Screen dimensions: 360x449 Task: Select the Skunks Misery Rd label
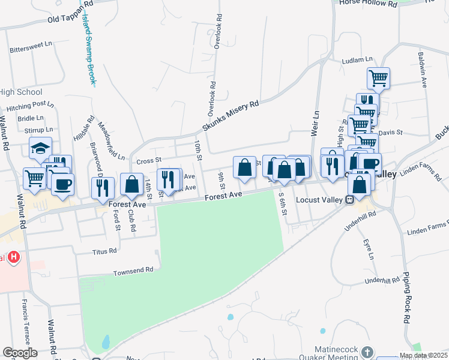click(x=230, y=116)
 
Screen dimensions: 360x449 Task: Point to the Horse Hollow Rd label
click(x=369, y=4)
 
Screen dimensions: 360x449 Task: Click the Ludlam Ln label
click(x=357, y=61)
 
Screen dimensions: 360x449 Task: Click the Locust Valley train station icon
click(x=349, y=200)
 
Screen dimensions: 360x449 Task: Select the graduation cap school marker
click(x=40, y=148)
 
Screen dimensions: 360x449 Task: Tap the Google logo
click(x=20, y=353)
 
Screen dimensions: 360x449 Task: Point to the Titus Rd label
click(x=104, y=252)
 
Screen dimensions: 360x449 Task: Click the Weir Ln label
click(x=314, y=124)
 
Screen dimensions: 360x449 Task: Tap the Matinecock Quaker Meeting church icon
click(x=367, y=352)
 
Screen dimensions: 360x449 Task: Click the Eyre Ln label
click(x=368, y=249)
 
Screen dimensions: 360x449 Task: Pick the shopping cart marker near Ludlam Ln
click(x=378, y=77)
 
